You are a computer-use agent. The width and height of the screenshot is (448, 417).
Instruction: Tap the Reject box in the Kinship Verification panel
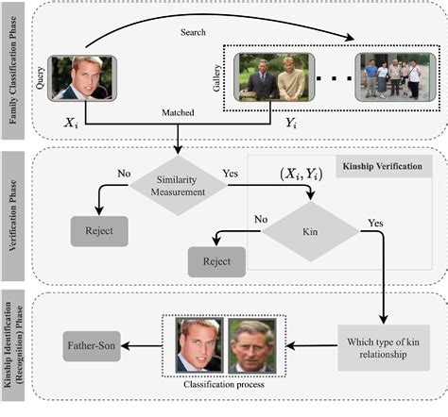pos(215,259)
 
